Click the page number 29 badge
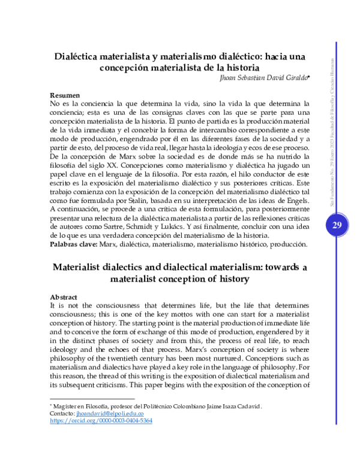pyautogui.click(x=335, y=225)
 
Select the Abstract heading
pyautogui.click(x=64, y=297)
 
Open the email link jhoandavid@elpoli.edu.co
pyautogui.click(x=113, y=414)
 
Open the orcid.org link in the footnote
pyautogui.click(x=101, y=421)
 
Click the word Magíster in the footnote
pyautogui.click(x=67, y=407)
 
